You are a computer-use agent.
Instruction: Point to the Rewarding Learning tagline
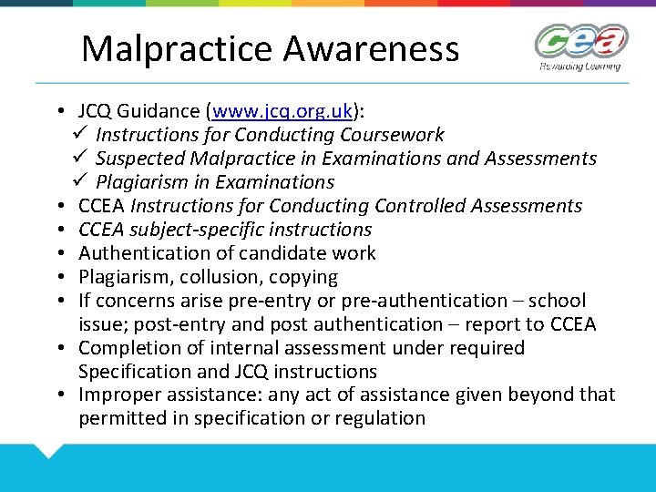point(579,67)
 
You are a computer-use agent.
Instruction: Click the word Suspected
point(139,159)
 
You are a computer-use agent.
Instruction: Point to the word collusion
point(208,277)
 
